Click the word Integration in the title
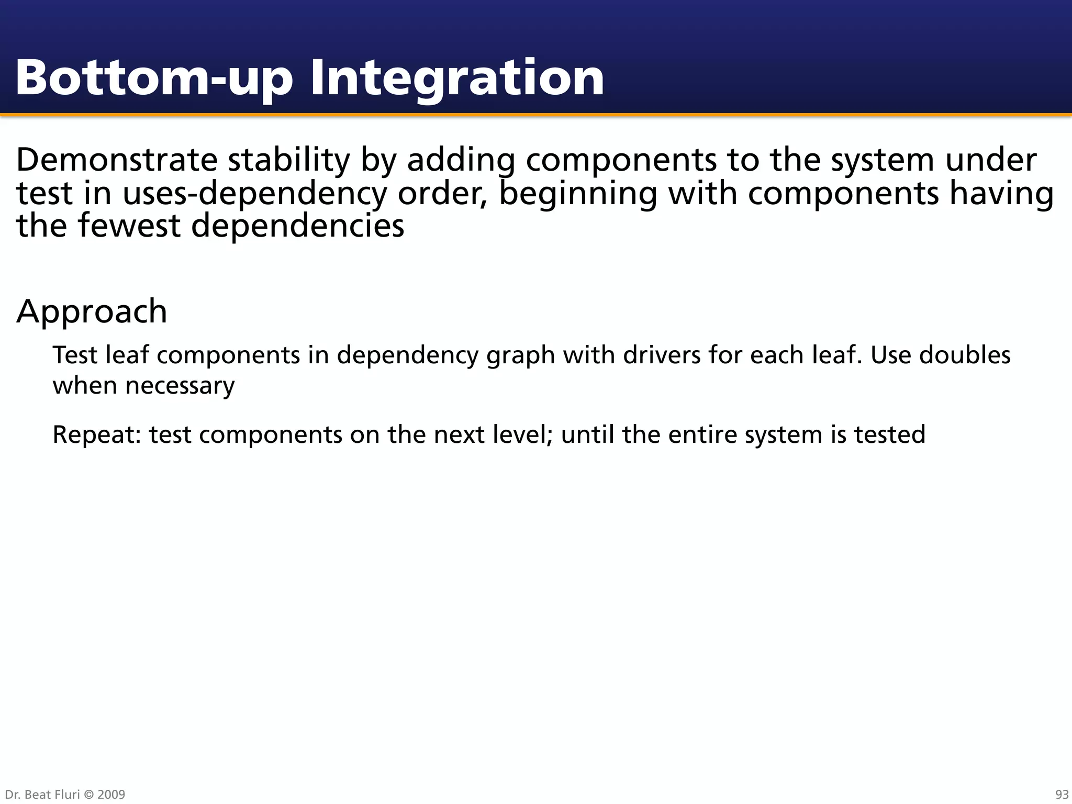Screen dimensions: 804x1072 coord(457,79)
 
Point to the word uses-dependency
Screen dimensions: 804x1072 coord(254,193)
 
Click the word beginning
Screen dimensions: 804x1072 coord(578,193)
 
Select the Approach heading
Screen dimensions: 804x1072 coord(92,311)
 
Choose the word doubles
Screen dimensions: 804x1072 coord(965,355)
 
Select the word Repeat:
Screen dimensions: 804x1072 coord(97,435)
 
